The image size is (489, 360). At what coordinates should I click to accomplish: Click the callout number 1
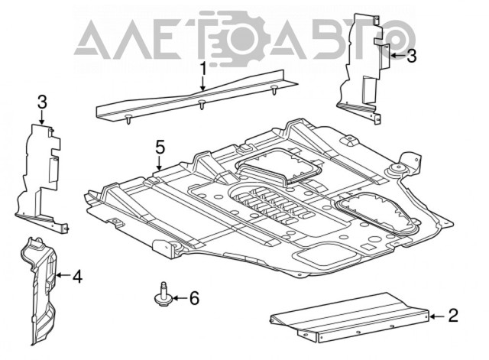(203, 69)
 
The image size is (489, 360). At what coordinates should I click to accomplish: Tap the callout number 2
(453, 316)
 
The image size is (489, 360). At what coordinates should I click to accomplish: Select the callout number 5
(160, 147)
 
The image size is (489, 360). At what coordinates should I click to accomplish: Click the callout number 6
(194, 298)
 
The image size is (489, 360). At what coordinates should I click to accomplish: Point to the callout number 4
(77, 277)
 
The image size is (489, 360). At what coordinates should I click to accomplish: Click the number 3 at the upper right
(412, 56)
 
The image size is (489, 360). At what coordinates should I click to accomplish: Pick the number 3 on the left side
(43, 102)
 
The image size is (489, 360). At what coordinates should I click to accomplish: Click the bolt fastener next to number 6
(163, 294)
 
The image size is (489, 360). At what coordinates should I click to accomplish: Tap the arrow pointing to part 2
(437, 316)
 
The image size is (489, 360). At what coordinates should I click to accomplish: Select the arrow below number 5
(160, 163)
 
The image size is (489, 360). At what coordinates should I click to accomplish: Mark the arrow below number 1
(203, 83)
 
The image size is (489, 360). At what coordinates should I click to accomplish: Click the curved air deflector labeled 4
(39, 290)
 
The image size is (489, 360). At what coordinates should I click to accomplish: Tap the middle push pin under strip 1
(202, 105)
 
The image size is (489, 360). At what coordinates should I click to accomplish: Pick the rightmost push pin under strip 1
(274, 89)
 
